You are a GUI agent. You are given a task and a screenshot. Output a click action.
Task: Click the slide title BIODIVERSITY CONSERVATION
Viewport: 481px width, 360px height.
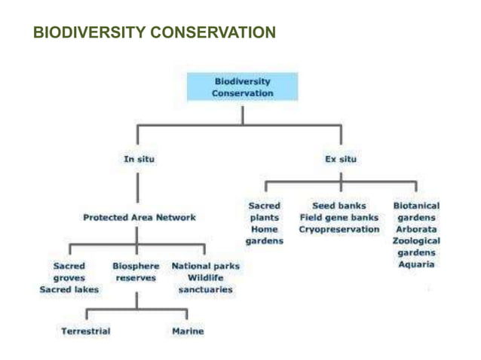(x=155, y=33)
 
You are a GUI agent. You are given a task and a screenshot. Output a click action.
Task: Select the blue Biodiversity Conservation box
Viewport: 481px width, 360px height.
(x=242, y=87)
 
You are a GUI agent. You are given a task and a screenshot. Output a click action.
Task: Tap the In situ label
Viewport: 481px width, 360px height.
(x=139, y=159)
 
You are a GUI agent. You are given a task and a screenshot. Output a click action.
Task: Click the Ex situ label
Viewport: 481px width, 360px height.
(x=341, y=159)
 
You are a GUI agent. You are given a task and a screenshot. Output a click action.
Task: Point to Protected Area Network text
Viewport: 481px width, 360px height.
(x=139, y=218)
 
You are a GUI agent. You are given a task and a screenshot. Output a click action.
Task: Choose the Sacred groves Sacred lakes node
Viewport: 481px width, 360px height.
(x=69, y=277)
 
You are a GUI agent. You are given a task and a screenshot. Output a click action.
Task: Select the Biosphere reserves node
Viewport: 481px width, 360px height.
(x=136, y=272)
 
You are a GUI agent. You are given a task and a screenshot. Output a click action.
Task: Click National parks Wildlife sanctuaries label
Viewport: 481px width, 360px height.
(x=206, y=277)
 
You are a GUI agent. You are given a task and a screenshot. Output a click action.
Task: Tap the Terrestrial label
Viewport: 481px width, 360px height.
(x=85, y=331)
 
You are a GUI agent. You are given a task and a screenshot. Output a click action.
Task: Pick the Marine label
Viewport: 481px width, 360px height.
(x=188, y=331)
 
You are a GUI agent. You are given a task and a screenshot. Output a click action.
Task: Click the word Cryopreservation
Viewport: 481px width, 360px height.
(x=339, y=230)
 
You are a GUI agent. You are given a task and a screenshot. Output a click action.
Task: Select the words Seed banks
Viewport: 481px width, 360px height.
(x=339, y=206)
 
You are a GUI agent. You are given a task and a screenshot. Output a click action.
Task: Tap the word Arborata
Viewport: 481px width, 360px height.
(x=416, y=230)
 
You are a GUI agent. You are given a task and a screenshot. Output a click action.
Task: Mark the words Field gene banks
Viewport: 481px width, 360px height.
(x=339, y=218)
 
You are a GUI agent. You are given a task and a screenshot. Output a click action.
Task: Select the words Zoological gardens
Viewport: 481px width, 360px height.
(x=416, y=247)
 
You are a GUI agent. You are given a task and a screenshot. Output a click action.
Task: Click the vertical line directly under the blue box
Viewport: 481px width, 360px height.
(x=242, y=114)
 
